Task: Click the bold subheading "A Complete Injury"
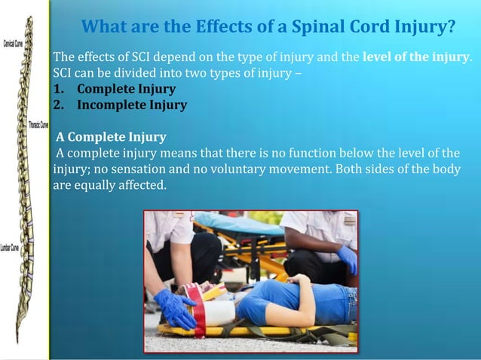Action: click(x=111, y=137)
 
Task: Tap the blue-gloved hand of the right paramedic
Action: click(x=347, y=259)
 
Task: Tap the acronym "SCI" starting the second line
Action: click(x=63, y=73)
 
